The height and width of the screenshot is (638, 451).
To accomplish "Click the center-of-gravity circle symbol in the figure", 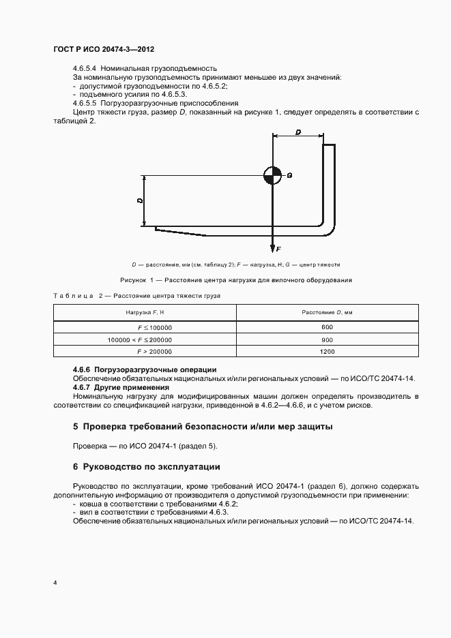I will tap(272, 175).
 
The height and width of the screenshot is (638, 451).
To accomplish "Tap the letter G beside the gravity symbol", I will tap(289, 175).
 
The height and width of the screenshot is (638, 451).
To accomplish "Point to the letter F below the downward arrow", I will tap(279, 249).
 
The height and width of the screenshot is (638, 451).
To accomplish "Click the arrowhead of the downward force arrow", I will tap(272, 247).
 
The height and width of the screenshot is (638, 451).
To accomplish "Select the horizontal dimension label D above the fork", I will tap(298, 132).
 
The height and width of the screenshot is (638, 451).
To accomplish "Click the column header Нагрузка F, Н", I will tap(145, 312).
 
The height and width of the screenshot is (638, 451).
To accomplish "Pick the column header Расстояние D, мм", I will tap(327, 312).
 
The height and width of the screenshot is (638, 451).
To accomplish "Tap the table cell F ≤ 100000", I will tap(155, 327).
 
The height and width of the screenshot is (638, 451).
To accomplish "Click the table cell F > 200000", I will tap(155, 352).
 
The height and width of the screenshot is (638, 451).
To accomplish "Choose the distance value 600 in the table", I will tap(327, 327).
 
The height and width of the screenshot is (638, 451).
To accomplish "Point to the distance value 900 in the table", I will tap(327, 339).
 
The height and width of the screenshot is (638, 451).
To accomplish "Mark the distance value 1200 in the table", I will tap(327, 352).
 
